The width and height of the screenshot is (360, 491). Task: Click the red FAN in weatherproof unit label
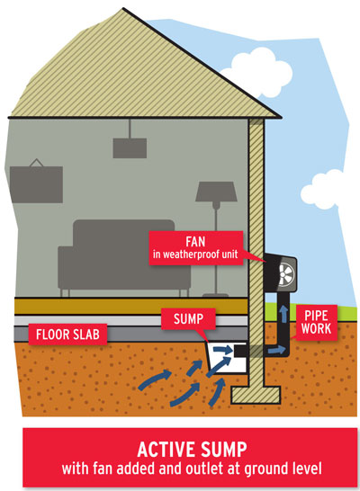tap(196, 248)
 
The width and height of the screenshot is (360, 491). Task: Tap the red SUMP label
tap(188, 318)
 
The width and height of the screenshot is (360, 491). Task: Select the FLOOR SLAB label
tap(67, 335)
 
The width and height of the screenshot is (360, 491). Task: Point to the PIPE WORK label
tap(316, 322)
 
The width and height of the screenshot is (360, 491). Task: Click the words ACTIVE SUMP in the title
tap(192, 450)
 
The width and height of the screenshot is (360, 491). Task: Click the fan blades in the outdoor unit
tap(286, 274)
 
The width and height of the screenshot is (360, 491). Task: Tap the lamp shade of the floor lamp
tap(216, 192)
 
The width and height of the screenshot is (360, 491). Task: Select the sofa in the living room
tap(124, 257)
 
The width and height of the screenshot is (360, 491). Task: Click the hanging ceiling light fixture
tap(130, 147)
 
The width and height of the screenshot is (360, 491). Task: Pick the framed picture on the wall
tap(36, 183)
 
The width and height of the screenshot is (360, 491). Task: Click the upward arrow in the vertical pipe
tap(283, 314)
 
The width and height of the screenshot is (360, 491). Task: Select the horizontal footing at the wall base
tap(256, 395)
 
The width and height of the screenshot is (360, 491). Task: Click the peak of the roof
tap(123, 8)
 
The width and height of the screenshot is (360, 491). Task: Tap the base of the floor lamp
tap(216, 295)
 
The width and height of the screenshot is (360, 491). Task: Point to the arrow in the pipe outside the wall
tap(277, 350)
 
